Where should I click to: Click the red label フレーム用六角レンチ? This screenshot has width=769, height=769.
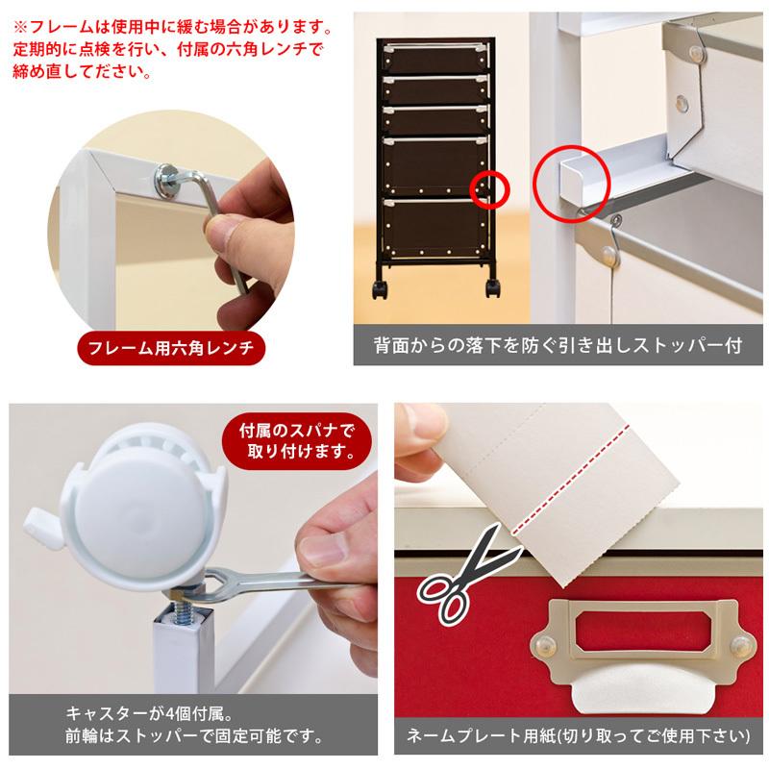point(171,348)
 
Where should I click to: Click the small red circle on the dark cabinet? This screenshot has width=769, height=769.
point(489,189)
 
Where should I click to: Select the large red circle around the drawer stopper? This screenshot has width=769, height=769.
point(571,184)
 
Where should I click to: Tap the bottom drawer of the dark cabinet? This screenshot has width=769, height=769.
point(435,227)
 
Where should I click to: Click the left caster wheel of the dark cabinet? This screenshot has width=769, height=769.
point(381,289)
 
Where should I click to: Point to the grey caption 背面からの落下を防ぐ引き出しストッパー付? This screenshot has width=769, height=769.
point(558,345)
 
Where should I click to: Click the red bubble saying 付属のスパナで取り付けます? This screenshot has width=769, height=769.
point(297,441)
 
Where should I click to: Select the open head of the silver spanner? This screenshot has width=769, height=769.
point(215,583)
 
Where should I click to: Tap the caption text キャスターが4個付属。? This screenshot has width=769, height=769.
point(150,714)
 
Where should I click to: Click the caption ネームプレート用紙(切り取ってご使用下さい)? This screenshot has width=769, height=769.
point(579,735)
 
